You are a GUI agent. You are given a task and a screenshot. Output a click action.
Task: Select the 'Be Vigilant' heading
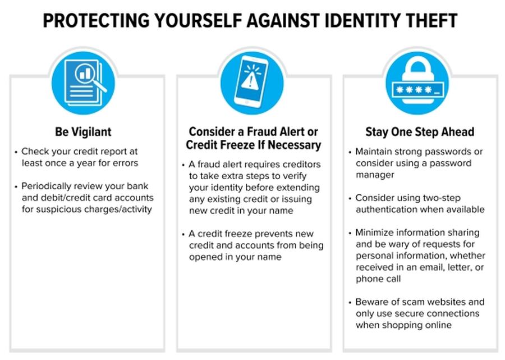(83, 131)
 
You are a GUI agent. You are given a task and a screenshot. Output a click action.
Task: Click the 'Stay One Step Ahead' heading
(420, 131)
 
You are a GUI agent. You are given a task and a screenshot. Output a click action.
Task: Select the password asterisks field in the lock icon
(417, 89)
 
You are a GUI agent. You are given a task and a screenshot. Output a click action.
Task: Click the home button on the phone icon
(247, 102)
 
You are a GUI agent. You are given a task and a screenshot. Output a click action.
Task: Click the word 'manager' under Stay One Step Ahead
(375, 175)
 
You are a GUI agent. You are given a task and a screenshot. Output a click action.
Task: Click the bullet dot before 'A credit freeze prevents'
(183, 234)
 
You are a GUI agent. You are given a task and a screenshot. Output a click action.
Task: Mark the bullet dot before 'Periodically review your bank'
(16, 187)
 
